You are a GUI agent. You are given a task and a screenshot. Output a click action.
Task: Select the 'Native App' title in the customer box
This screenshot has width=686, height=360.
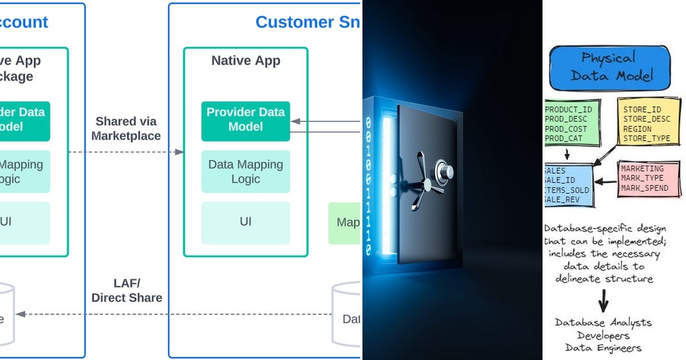click(246, 61)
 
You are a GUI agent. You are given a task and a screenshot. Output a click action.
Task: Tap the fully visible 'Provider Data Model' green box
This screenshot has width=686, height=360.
click(245, 120)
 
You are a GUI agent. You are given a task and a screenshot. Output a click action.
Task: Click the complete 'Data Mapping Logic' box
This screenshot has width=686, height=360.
click(245, 171)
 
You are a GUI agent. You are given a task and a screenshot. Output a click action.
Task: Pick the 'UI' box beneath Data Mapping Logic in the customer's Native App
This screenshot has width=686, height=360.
click(245, 222)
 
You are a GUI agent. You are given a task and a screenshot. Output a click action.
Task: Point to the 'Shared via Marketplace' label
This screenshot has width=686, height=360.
click(126, 129)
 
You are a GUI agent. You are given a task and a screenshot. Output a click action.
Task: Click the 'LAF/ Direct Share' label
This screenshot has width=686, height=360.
click(126, 290)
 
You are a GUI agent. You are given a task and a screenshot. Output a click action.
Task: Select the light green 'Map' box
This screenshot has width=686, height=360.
click(345, 222)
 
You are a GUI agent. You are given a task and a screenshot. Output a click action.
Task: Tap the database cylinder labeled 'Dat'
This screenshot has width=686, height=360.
click(347, 314)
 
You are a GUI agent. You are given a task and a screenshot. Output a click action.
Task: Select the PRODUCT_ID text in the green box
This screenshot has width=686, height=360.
click(568, 110)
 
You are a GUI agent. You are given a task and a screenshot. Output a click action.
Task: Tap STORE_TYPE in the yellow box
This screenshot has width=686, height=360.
click(646, 138)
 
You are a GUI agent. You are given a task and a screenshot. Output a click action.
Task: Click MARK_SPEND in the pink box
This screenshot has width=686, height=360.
click(644, 188)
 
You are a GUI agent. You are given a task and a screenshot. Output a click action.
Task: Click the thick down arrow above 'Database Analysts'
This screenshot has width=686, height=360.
click(604, 300)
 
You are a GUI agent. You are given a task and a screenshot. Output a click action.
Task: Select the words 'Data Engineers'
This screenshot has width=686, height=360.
click(604, 347)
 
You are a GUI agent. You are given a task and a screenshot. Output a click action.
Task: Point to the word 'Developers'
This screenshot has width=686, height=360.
click(604, 335)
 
